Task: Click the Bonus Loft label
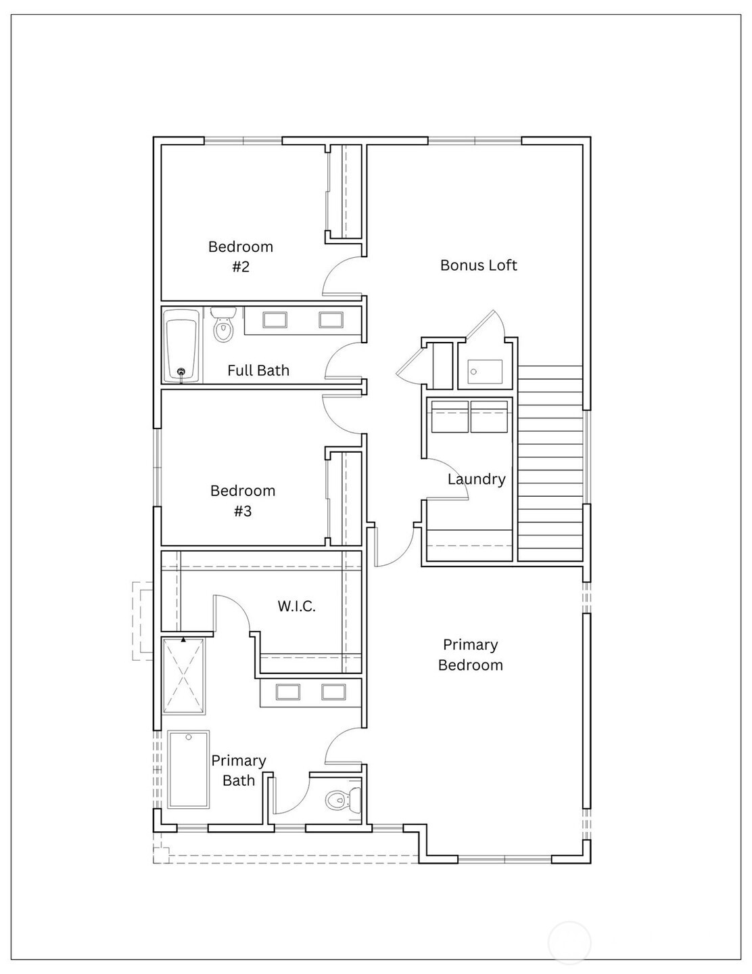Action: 479,265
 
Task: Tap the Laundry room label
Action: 477,479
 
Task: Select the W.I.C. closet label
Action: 296,606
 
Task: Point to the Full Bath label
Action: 258,370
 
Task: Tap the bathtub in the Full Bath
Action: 181,345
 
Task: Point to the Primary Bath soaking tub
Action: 189,770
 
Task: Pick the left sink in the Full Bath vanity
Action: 275,319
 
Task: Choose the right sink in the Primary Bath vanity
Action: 333,692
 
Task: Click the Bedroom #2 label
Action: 241,257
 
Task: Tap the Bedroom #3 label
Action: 243,501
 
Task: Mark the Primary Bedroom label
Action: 471,655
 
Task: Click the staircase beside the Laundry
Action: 550,464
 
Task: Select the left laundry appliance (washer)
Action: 450,416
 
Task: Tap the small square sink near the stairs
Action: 486,372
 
